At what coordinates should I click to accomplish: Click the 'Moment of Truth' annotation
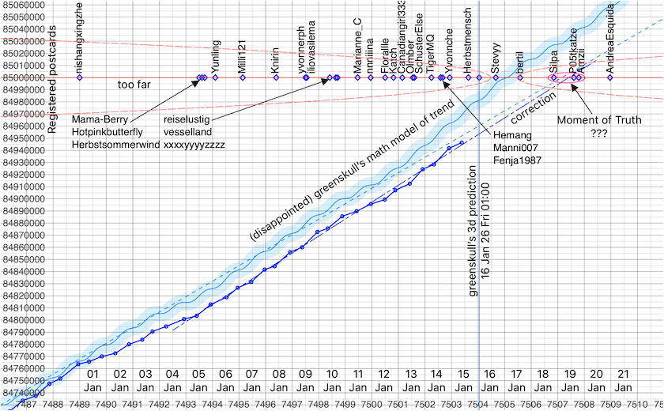[599, 120]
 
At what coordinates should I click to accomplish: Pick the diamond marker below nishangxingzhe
[79, 77]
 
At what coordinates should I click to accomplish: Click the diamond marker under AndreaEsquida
[610, 77]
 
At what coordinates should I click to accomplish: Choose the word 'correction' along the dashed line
[533, 111]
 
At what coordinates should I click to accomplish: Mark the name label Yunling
[216, 55]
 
